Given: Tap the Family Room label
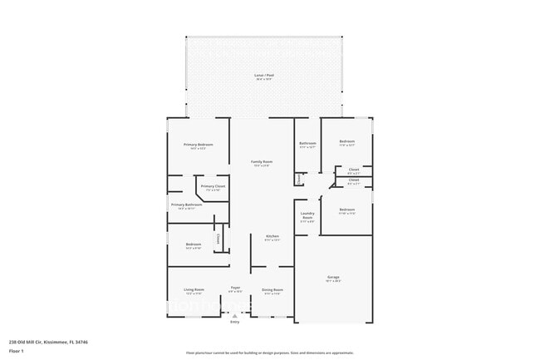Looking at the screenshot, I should click(263, 161).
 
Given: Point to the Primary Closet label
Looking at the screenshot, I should click(213, 186).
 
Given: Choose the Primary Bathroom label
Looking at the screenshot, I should click(187, 205).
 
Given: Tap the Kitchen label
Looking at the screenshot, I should click(272, 237).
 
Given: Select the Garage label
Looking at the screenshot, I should click(332, 277).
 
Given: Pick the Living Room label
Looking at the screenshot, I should click(194, 289).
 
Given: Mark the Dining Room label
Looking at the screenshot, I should click(272, 289).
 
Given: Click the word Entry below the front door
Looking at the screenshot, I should click(234, 322).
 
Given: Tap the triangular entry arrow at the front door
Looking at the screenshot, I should click(234, 315).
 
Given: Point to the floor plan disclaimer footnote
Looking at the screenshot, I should click(269, 353).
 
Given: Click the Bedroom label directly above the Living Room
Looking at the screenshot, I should click(193, 244).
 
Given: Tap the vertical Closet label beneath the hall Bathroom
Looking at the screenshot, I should click(297, 179).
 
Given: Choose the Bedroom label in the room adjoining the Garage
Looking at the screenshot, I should click(346, 210).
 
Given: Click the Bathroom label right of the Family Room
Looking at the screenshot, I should click(307, 143).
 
